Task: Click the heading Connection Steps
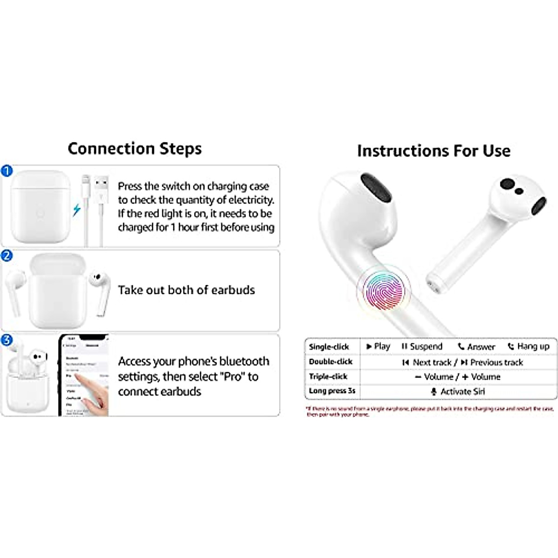pos(134,148)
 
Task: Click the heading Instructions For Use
pos(433,151)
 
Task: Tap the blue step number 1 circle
pos(7,171)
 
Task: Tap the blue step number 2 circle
pos(7,256)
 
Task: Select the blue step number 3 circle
pos(7,340)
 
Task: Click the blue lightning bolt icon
pos(77,210)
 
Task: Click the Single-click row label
pos(329,347)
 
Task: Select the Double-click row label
pos(331,362)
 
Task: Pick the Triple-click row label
pos(328,377)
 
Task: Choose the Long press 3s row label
pos(332,391)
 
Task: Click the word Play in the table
pos(382,346)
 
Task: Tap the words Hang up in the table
pos(533,346)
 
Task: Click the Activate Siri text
pos(462,392)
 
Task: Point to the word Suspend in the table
pos(426,346)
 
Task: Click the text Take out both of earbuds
pos(186,290)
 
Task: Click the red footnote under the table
pos(430,412)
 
